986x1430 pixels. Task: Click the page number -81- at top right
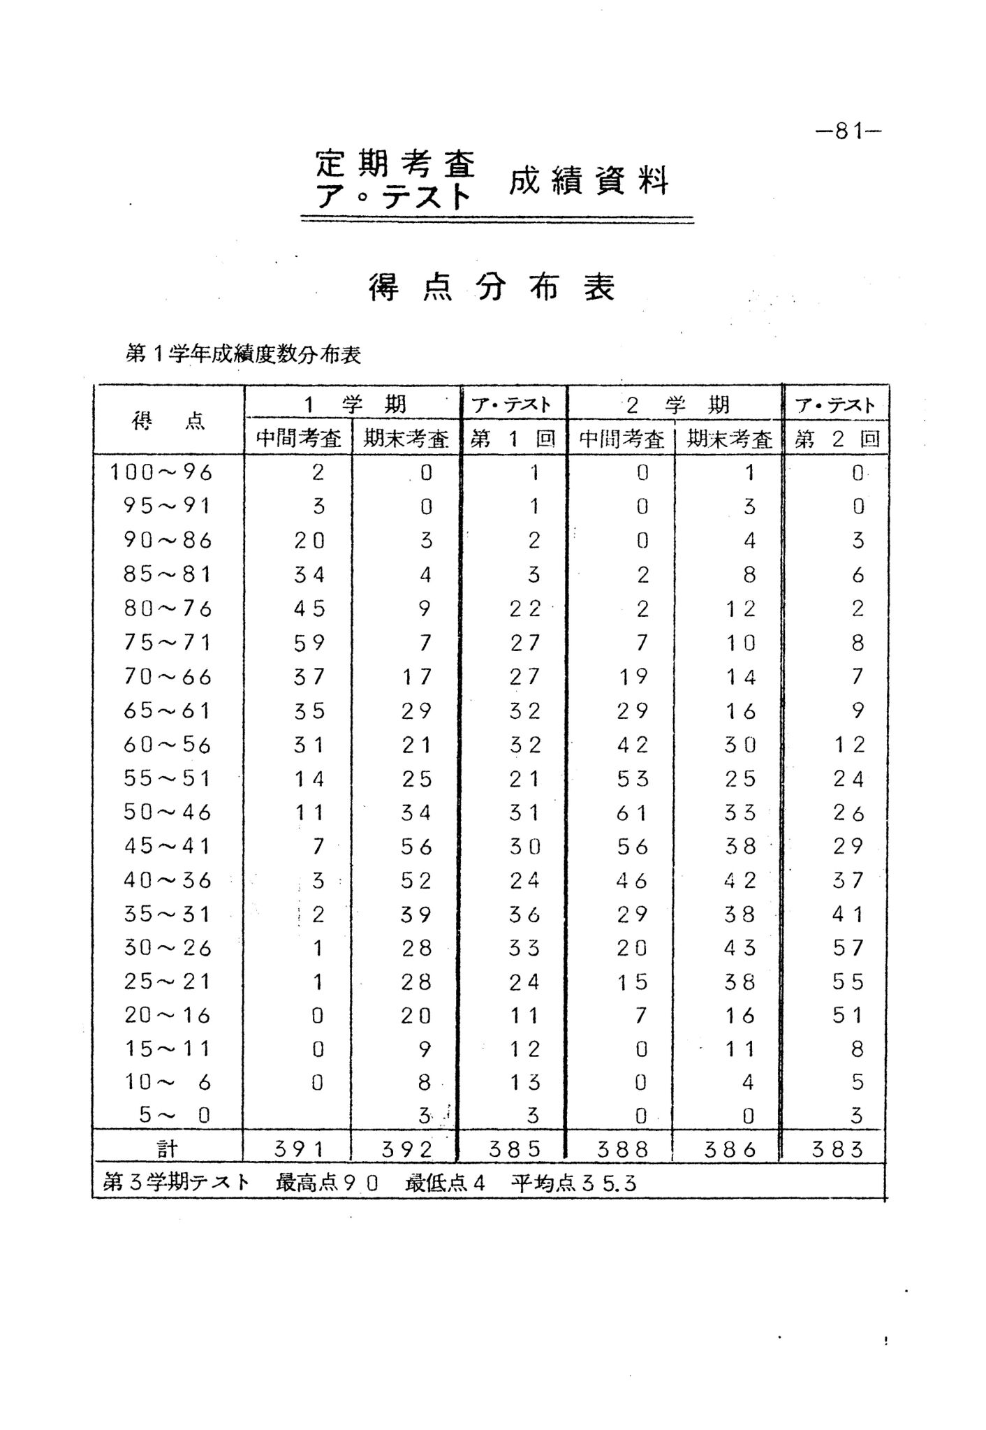click(848, 131)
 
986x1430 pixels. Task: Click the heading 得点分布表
click(492, 287)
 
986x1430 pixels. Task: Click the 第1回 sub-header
click(513, 439)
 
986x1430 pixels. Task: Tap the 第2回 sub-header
click(837, 439)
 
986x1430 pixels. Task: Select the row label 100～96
click(161, 473)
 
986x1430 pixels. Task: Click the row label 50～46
click(167, 812)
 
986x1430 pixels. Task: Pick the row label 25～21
click(167, 982)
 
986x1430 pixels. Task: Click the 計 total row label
click(168, 1148)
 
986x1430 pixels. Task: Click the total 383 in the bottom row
click(837, 1149)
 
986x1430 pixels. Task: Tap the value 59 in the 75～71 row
click(309, 643)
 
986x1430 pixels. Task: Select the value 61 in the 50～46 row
click(632, 812)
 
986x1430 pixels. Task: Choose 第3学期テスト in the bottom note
click(177, 1183)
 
